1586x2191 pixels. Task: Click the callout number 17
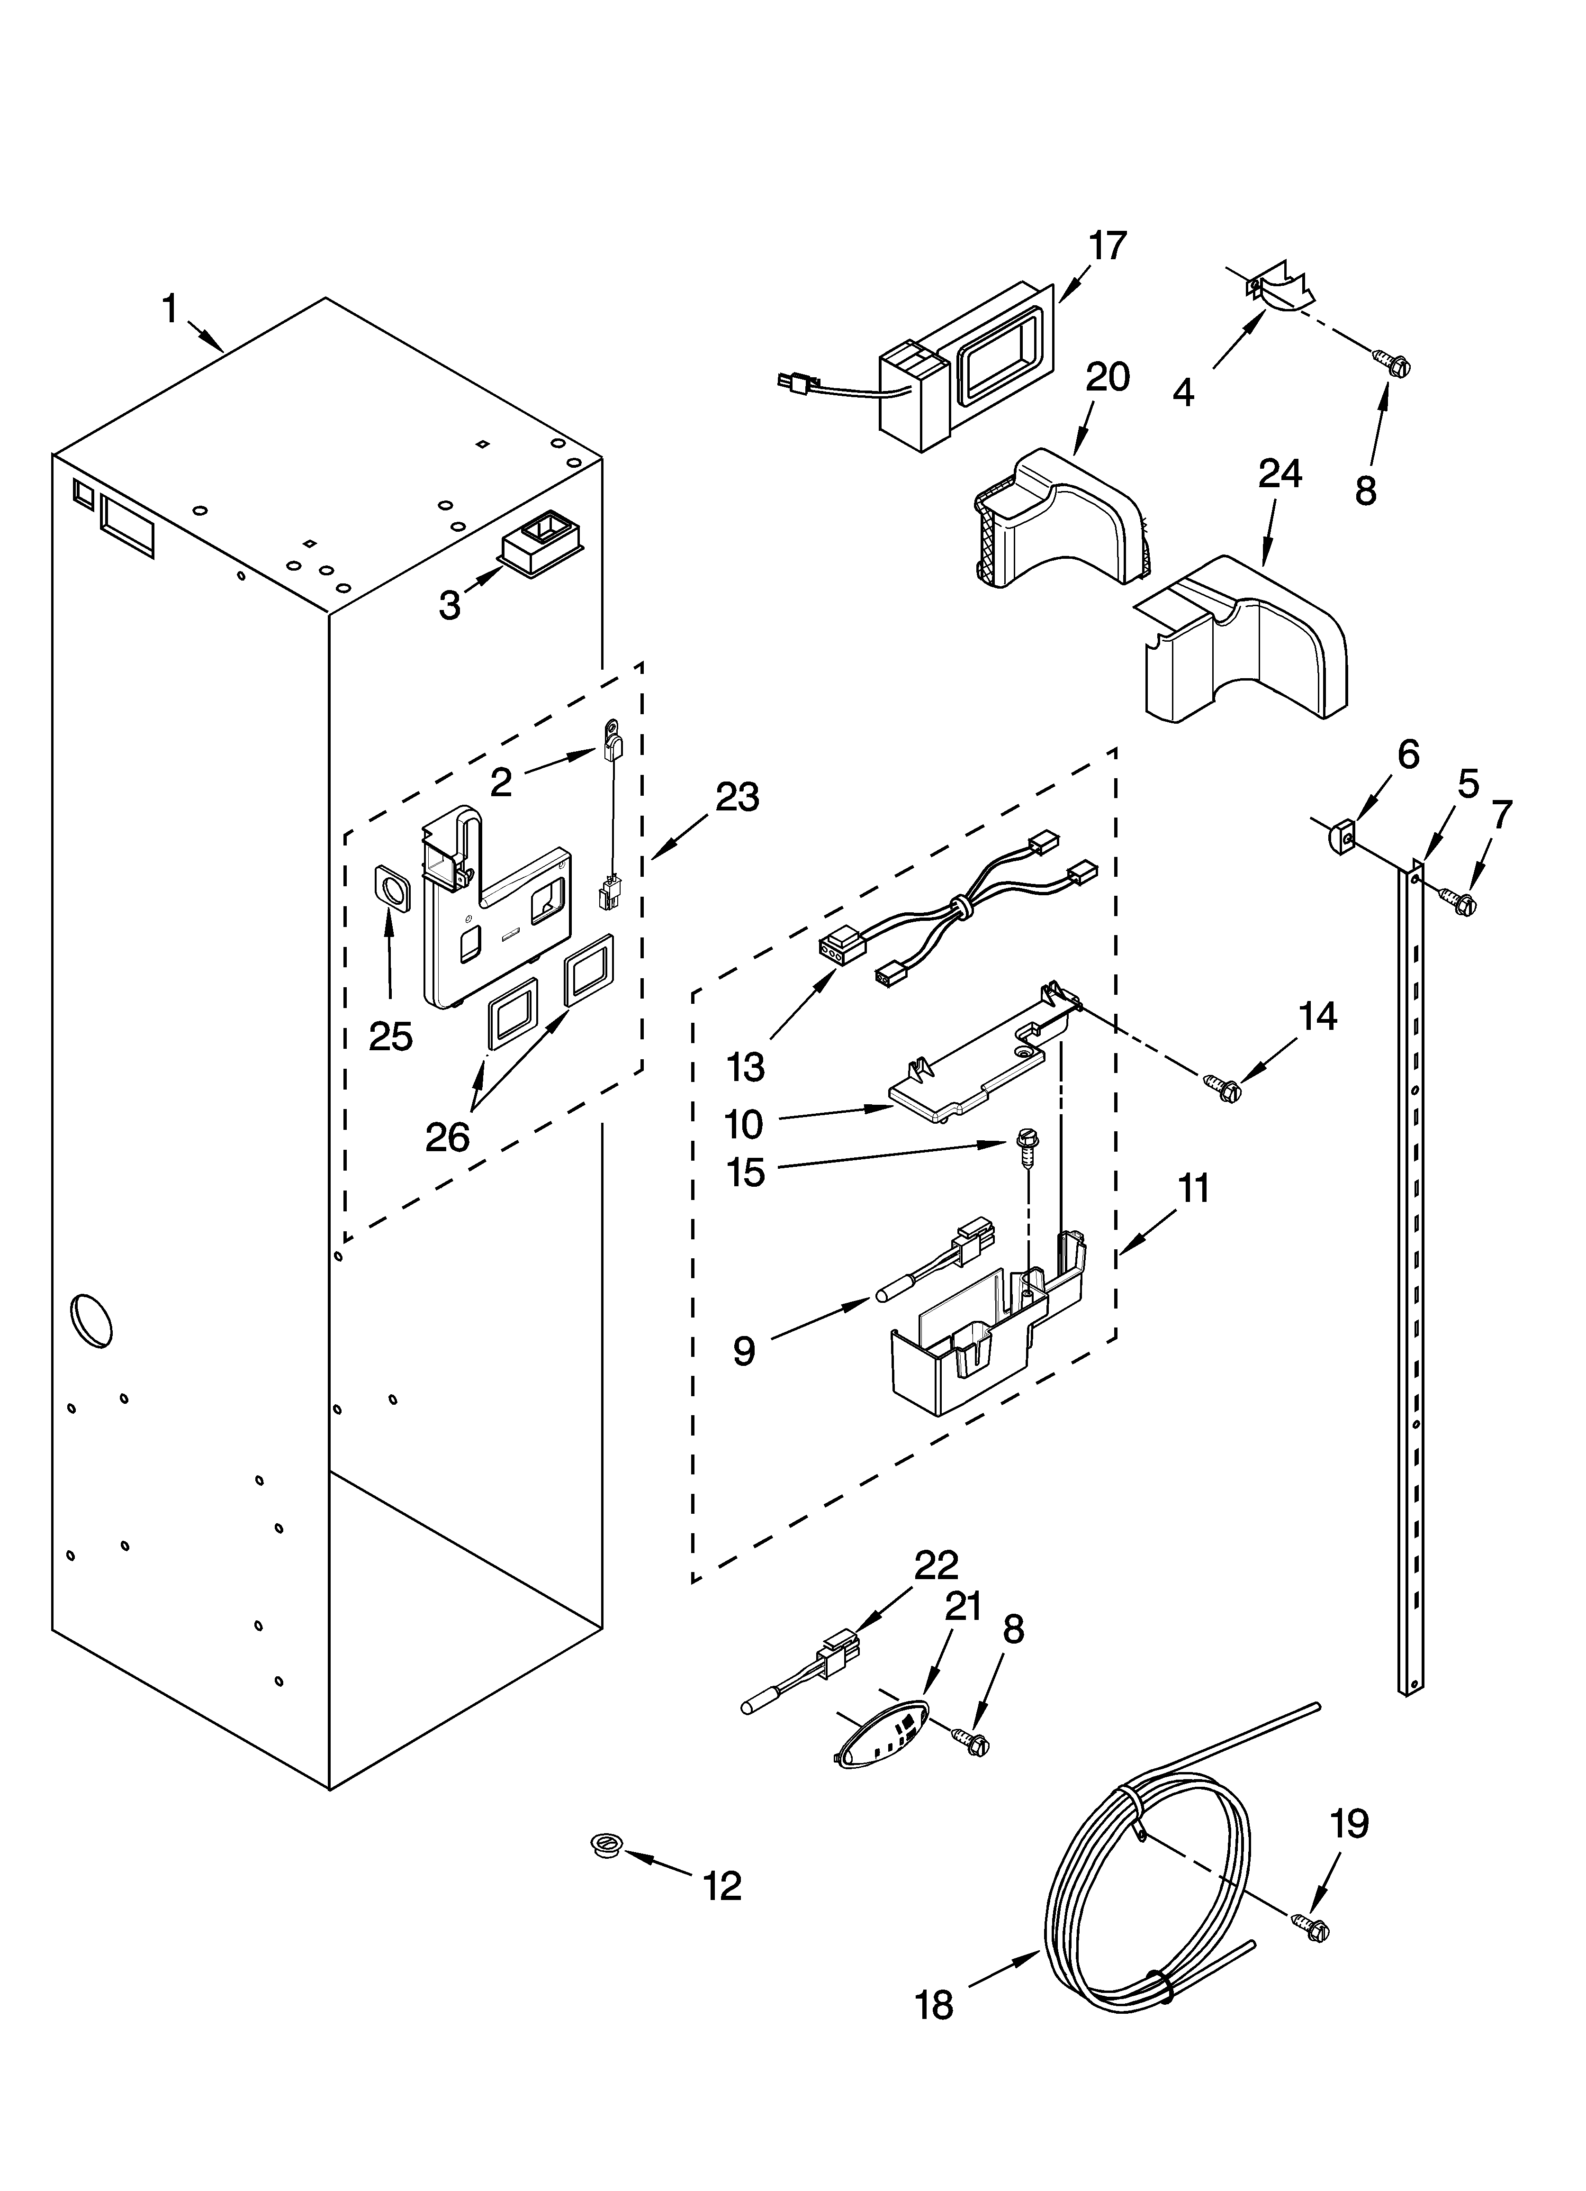pyautogui.click(x=1108, y=246)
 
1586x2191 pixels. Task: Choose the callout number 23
pyautogui.click(x=737, y=798)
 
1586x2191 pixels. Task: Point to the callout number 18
pyautogui.click(x=934, y=2007)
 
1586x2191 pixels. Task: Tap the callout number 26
pyautogui.click(x=447, y=1138)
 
